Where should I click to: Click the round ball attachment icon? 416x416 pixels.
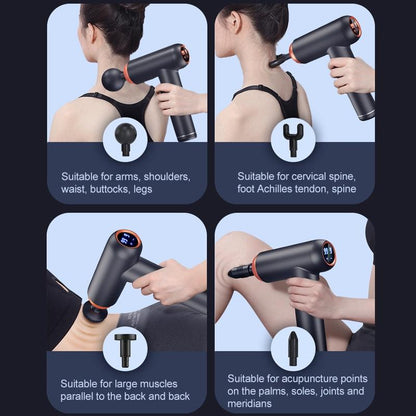[126, 138]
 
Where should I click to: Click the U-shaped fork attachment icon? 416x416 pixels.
[293, 138]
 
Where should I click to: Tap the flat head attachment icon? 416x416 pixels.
[125, 348]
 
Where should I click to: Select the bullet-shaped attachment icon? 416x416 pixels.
[294, 348]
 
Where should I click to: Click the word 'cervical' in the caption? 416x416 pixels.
[307, 176]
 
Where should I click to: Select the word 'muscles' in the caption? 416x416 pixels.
[162, 383]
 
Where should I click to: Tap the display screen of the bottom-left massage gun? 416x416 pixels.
[128, 241]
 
